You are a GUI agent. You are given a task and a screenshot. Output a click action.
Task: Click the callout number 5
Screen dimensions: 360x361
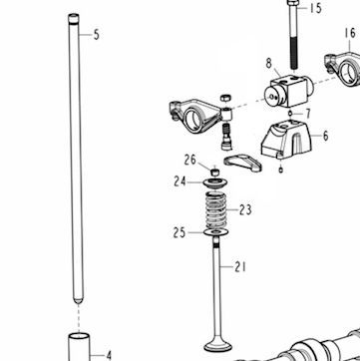pyautogui.click(x=97, y=35)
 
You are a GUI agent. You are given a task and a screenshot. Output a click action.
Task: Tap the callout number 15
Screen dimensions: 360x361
pyautogui.click(x=316, y=8)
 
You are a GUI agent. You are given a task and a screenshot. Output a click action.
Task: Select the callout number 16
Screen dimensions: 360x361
pyautogui.click(x=350, y=33)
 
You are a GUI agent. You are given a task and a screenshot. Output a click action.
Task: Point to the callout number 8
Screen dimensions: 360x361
pyautogui.click(x=268, y=63)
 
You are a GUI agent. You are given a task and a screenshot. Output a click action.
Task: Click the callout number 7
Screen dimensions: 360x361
pyautogui.click(x=308, y=114)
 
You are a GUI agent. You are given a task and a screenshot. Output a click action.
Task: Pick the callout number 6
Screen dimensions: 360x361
pyautogui.click(x=325, y=136)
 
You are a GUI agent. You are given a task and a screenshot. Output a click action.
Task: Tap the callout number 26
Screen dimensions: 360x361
pyautogui.click(x=190, y=160)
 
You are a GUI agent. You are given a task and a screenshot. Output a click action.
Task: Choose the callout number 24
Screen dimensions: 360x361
pyautogui.click(x=180, y=181)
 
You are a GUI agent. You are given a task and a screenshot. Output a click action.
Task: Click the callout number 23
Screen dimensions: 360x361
pyautogui.click(x=245, y=209)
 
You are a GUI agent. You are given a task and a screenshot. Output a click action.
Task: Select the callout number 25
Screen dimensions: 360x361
pyautogui.click(x=180, y=232)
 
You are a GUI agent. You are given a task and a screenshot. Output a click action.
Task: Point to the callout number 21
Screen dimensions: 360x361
pyautogui.click(x=240, y=266)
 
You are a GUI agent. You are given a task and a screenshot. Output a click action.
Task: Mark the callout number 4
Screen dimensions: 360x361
pyautogui.click(x=109, y=356)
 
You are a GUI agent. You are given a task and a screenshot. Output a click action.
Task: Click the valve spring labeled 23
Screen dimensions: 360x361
pyautogui.click(x=215, y=210)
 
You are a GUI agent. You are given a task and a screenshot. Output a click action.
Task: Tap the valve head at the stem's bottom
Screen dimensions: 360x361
pyautogui.click(x=217, y=346)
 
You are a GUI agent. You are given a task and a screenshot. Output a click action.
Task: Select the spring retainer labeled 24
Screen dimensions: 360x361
pyautogui.click(x=215, y=183)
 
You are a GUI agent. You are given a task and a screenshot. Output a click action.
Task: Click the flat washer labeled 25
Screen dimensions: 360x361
pyautogui.click(x=215, y=232)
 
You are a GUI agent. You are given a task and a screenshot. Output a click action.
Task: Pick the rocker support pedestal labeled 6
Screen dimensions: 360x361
pyautogui.click(x=286, y=140)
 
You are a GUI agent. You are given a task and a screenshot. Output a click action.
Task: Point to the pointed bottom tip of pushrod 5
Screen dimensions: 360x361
pyautogui.click(x=79, y=303)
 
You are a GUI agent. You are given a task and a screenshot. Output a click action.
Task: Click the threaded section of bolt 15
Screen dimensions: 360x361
pyautogui.click(x=293, y=53)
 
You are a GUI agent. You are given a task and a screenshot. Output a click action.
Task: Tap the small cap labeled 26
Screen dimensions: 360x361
pyautogui.click(x=215, y=172)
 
